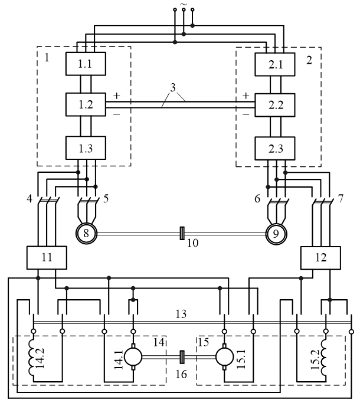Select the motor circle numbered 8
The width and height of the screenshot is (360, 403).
87,234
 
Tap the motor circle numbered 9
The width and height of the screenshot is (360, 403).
276,234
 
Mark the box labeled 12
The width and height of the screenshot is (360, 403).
318,257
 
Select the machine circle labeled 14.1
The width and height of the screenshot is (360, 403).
133,356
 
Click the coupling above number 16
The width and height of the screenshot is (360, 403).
182,357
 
